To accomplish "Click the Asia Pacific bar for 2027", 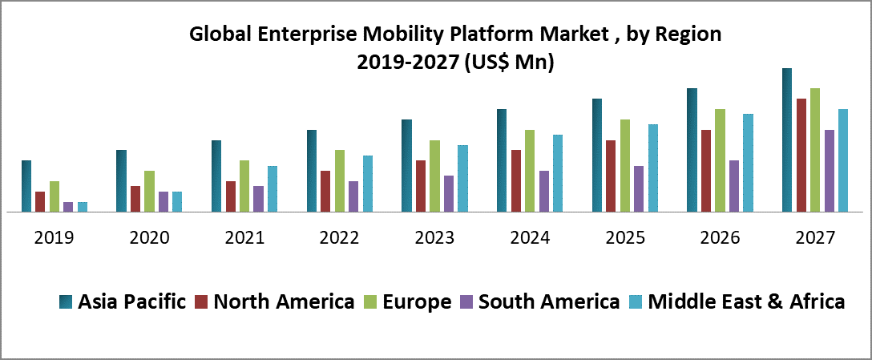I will pyautogui.click(x=787, y=140).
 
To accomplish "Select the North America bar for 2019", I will pyautogui.click(x=40, y=202).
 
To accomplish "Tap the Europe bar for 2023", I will pyautogui.click(x=435, y=176).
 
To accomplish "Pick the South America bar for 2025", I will pyautogui.click(x=639, y=189).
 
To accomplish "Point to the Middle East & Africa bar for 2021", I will pyautogui.click(x=272, y=189).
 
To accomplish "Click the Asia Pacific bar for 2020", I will pyautogui.click(x=121, y=181).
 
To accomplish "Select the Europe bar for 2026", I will pyautogui.click(x=720, y=160).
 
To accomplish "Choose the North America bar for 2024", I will pyautogui.click(x=516, y=181).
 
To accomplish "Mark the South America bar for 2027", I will pyautogui.click(x=830, y=171).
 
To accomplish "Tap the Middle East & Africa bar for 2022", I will pyautogui.click(x=368, y=184).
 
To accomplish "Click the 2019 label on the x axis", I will pyautogui.click(x=54, y=238).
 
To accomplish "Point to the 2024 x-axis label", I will pyautogui.click(x=530, y=238).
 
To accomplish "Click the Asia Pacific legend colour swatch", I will pyautogui.click(x=66, y=302).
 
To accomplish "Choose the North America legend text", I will pyautogui.click(x=284, y=302).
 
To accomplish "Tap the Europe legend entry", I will pyautogui.click(x=417, y=302).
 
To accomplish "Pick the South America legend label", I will pyautogui.click(x=549, y=302).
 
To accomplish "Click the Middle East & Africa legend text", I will pyautogui.click(x=746, y=302).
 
